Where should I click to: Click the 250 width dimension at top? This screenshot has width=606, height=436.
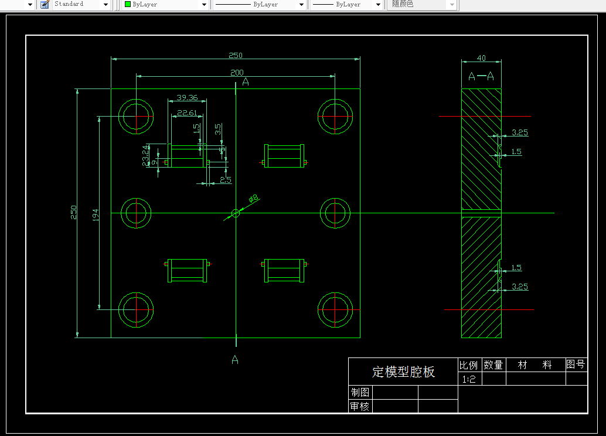(235, 56)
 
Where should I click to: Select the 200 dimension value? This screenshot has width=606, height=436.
(237, 73)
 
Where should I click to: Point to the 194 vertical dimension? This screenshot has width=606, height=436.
(96, 214)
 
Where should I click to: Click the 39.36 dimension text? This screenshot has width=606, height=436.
(186, 98)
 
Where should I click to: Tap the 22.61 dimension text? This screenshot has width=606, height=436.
(188, 113)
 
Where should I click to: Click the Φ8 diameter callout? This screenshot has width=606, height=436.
(253, 199)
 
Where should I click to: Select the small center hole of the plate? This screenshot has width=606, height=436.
(236, 213)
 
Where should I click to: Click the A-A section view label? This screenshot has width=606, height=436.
(481, 76)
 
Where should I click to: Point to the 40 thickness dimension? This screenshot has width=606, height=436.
(481, 58)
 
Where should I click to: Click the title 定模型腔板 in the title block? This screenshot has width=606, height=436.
(403, 372)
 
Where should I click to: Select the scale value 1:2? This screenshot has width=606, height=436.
(469, 379)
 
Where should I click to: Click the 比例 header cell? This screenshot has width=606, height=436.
(469, 365)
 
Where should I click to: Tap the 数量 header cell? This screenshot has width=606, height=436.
(493, 365)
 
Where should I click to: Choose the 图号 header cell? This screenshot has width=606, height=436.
(576, 365)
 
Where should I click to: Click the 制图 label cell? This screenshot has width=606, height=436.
(360, 392)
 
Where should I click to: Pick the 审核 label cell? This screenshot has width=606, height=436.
(360, 406)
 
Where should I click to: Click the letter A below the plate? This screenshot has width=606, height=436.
(235, 359)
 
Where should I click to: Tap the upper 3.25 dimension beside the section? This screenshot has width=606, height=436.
(519, 133)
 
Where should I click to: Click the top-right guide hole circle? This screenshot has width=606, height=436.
(335, 117)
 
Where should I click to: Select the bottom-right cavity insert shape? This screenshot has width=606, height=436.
(284, 270)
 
